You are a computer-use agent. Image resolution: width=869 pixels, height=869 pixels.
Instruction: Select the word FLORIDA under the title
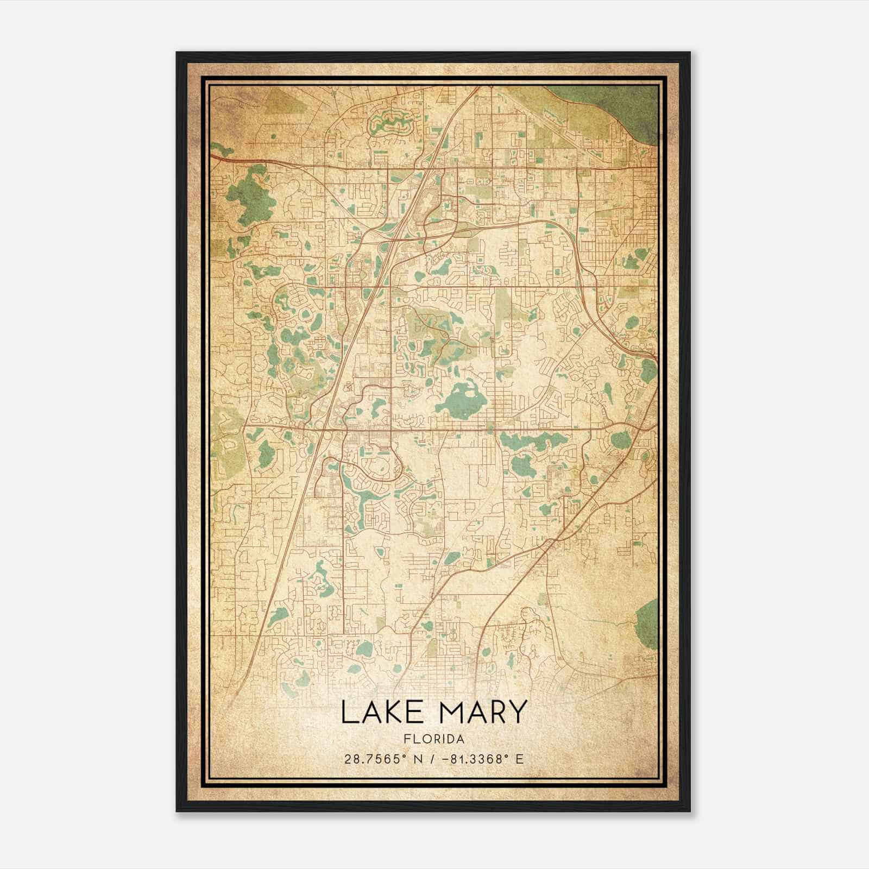pos(434,739)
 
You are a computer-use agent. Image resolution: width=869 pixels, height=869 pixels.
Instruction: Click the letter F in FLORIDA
pos(406,739)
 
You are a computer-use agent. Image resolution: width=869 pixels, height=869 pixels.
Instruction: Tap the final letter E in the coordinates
pos(520,759)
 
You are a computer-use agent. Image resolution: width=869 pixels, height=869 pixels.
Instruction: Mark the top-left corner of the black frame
pos(178,53)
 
